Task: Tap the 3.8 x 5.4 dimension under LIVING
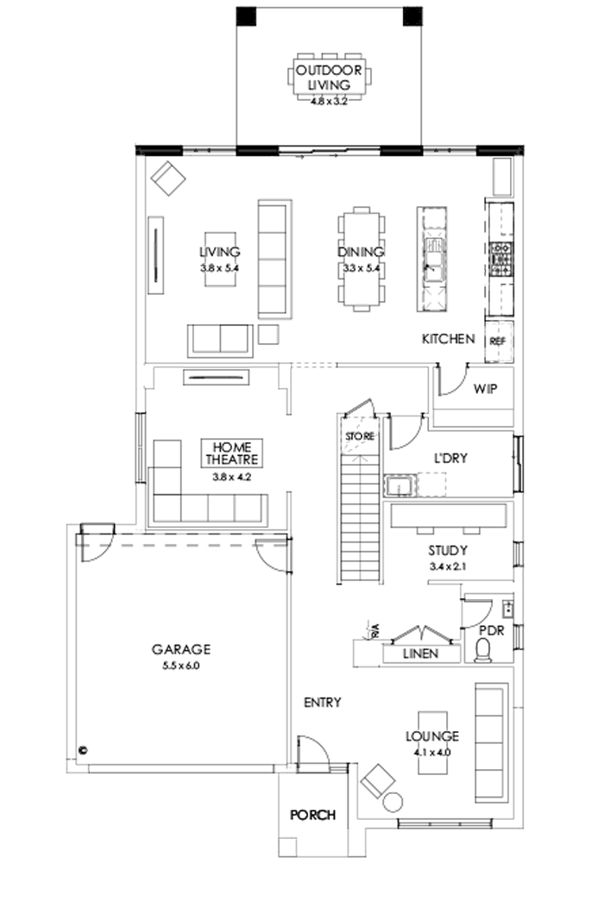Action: (x=219, y=268)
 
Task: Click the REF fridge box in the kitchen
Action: (x=497, y=341)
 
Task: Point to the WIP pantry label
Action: (x=485, y=389)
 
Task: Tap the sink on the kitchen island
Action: (x=433, y=258)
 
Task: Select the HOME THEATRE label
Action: (x=231, y=454)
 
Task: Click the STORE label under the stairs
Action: (x=360, y=437)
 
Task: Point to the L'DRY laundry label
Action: (x=450, y=458)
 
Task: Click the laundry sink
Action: (x=399, y=486)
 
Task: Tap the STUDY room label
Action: (x=448, y=550)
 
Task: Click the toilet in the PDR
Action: (x=489, y=647)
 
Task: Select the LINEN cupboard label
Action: (x=420, y=654)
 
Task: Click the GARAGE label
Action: (x=181, y=649)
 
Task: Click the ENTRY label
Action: (x=322, y=703)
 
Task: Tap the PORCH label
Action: (x=312, y=814)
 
